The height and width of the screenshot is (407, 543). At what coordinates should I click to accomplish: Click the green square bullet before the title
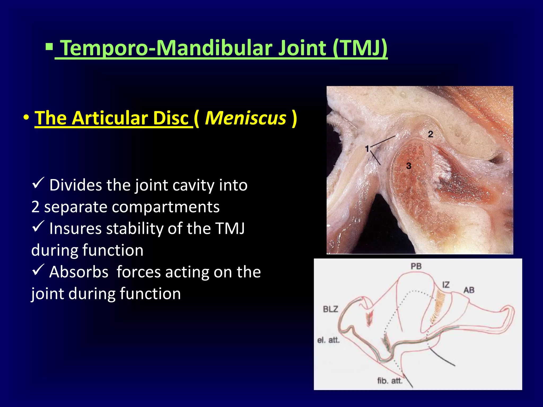pos(49,47)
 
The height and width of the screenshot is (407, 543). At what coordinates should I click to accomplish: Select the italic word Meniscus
pos(246,118)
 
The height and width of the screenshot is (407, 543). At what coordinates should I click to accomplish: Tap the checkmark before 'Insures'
pos(38,226)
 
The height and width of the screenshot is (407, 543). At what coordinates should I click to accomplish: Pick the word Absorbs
pos(79,272)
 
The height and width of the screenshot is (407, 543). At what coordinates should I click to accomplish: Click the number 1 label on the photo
pos(367,149)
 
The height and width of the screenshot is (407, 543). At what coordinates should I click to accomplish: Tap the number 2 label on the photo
pos(430,134)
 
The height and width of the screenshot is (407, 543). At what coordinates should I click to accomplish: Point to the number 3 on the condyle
pos(409,166)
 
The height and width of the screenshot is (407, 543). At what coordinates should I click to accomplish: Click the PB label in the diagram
pos(416,266)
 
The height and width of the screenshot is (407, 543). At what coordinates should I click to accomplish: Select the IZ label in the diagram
pos(446,285)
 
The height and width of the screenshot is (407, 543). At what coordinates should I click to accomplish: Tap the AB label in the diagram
pos(469,290)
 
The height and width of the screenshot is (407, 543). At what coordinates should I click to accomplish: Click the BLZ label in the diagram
pos(330,309)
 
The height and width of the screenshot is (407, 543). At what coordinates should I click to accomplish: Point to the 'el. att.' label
pos(328,340)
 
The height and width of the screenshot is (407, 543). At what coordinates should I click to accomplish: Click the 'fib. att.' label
pos(390,381)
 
